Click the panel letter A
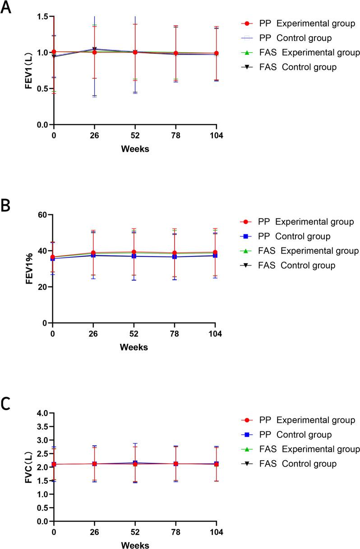pyautogui.click(x=6, y=8)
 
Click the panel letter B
pyautogui.click(x=6, y=206)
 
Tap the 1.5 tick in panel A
pyautogui.click(x=42, y=17)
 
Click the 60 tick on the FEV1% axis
pyautogui.click(x=43, y=215)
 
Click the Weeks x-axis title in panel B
pyautogui.click(x=134, y=347)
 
